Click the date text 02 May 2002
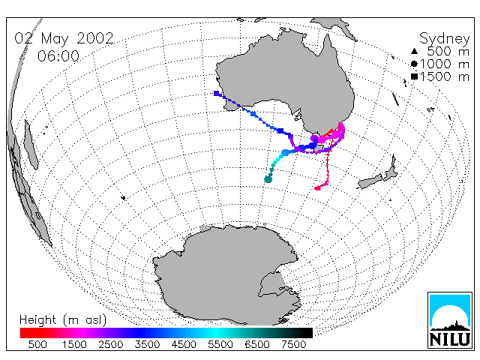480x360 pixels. click(64, 38)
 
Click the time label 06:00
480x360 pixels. click(58, 56)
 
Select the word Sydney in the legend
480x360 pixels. click(444, 39)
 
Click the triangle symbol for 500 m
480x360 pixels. click(414, 51)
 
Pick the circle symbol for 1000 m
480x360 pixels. click(414, 64)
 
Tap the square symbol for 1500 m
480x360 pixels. click(414, 76)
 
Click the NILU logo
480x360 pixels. click(450, 320)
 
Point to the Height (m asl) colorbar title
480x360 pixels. click(63, 320)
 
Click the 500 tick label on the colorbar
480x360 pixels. click(37, 344)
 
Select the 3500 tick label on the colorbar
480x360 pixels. click(147, 344)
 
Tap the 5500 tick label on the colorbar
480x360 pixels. click(220, 344)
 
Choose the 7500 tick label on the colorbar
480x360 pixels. click(293, 344)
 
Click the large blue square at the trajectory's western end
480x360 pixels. click(217, 93)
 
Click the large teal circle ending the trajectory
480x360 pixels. click(268, 179)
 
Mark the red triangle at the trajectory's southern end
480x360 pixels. click(317, 188)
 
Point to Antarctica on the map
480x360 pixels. click(226, 275)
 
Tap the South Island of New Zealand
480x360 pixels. click(370, 181)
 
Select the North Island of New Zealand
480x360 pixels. click(391, 170)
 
